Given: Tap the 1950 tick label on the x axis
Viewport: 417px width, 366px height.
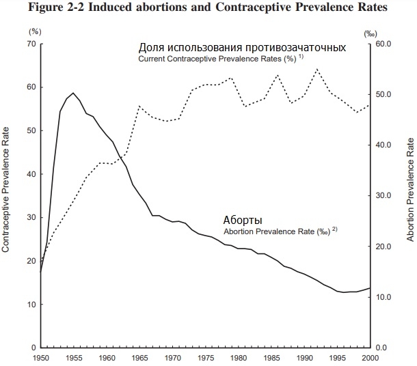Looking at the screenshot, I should [x=41, y=357].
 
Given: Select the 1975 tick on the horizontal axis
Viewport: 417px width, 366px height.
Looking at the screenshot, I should [x=206, y=357].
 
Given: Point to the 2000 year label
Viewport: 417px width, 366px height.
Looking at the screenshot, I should [x=370, y=357].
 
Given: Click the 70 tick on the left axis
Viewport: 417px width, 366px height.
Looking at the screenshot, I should [x=30, y=44].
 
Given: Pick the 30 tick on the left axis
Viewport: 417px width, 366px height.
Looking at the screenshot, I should [x=30, y=217].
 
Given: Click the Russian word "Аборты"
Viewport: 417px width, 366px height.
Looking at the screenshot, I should [x=243, y=221].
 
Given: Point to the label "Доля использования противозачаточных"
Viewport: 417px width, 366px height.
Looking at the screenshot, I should [x=242, y=48].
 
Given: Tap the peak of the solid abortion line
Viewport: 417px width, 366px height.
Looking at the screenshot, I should [x=73, y=92].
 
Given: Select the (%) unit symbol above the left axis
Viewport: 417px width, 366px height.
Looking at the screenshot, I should [x=33, y=31].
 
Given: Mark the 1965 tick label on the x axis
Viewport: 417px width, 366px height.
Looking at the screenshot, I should [x=140, y=357].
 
